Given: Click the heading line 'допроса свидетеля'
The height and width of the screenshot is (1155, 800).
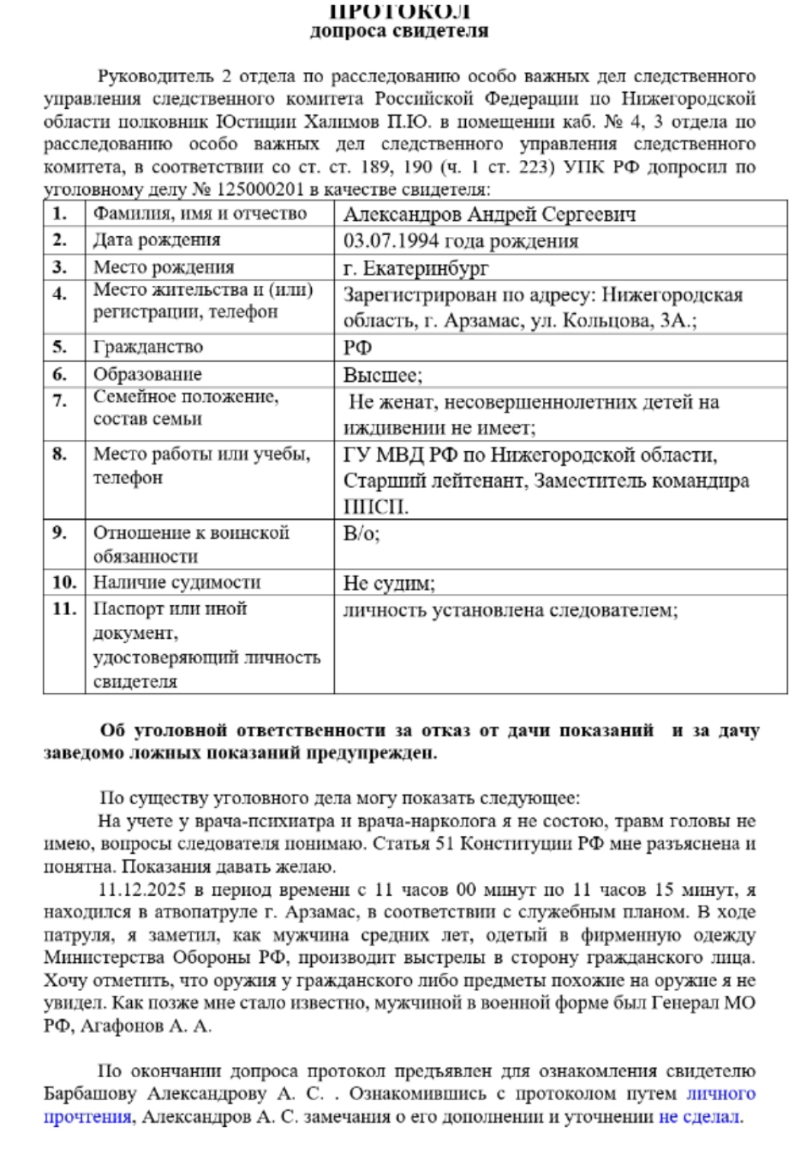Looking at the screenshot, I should click(x=399, y=32).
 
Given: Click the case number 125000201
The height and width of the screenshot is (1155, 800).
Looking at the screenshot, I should click(x=259, y=190).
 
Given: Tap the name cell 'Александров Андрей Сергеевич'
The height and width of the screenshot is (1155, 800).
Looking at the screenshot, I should click(x=490, y=214).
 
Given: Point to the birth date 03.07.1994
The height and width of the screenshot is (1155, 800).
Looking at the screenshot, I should click(x=391, y=241).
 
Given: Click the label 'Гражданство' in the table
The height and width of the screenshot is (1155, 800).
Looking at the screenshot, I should click(x=148, y=347).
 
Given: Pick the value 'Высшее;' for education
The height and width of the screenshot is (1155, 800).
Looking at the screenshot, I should click(x=382, y=375).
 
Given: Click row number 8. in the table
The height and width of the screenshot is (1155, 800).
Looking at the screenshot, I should click(x=59, y=454).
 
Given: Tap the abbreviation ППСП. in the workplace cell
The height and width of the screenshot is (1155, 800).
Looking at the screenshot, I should click(x=376, y=507).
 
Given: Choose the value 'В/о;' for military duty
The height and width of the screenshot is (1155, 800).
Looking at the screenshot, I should click(x=361, y=534).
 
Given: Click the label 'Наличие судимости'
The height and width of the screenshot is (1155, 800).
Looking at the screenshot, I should click(x=176, y=582).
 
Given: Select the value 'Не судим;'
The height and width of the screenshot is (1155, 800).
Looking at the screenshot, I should click(x=389, y=583).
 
